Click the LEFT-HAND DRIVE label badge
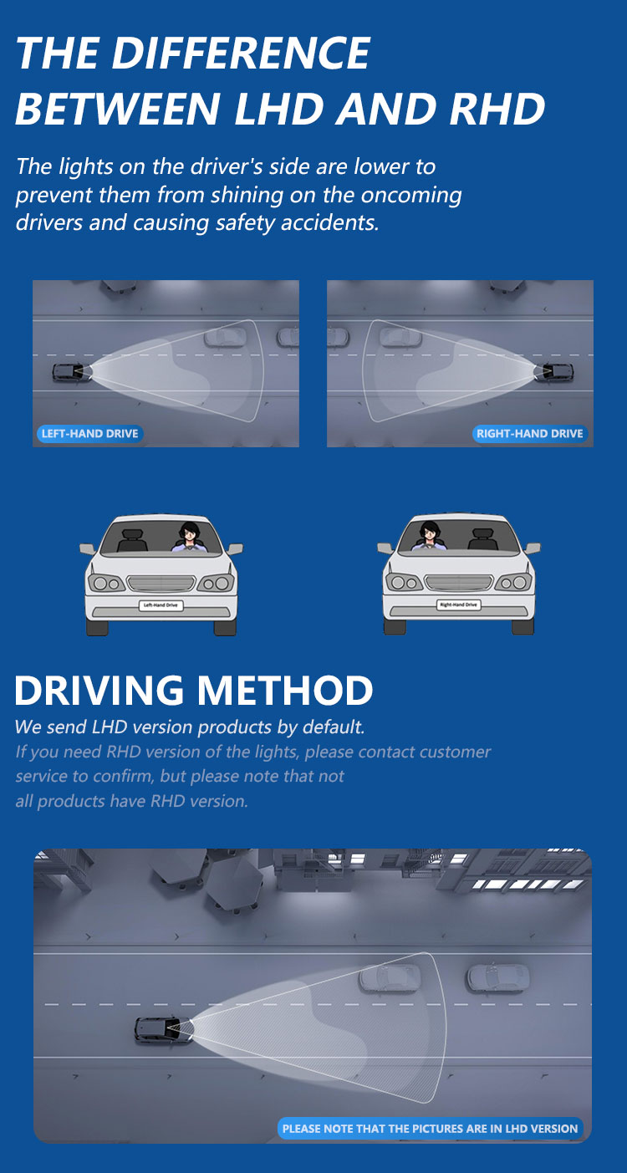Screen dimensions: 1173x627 click(x=89, y=434)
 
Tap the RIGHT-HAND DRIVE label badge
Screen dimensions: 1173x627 click(x=530, y=434)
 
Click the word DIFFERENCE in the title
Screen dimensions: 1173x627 click(x=240, y=54)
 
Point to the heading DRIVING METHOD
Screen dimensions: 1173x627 click(x=193, y=691)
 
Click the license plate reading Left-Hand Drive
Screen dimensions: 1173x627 click(x=161, y=604)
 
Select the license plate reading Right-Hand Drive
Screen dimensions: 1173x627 click(x=458, y=604)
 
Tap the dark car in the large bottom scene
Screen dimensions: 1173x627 click(x=162, y=1029)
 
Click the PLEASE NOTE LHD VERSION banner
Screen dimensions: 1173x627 click(x=430, y=1129)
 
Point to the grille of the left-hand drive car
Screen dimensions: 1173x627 click(x=161, y=583)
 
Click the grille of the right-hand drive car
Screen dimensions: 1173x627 click(x=458, y=582)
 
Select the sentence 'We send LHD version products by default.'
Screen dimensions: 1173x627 click(x=190, y=727)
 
